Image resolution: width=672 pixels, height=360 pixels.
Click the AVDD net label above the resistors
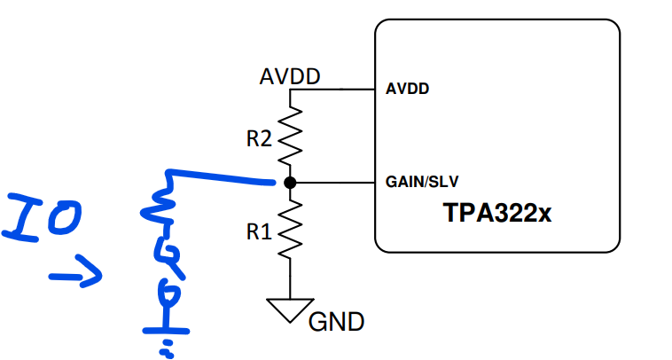point(290,76)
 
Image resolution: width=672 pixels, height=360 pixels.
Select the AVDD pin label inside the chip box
point(407,89)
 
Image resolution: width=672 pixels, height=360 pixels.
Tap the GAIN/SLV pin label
point(422,182)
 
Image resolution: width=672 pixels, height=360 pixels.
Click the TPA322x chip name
point(497,213)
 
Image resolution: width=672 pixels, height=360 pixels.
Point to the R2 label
point(259,139)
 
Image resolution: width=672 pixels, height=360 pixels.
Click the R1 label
point(259,231)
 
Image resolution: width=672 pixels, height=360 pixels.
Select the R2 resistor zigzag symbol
point(290,136)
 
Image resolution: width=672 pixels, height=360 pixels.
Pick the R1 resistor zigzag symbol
point(290,230)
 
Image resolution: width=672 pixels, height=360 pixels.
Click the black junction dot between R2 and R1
point(290,183)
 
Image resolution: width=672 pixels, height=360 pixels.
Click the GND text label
point(336,322)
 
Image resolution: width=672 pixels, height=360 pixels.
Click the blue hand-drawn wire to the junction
point(221,177)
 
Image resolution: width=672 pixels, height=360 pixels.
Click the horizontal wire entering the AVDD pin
point(332,90)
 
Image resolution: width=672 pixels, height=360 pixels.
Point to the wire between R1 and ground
point(290,278)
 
